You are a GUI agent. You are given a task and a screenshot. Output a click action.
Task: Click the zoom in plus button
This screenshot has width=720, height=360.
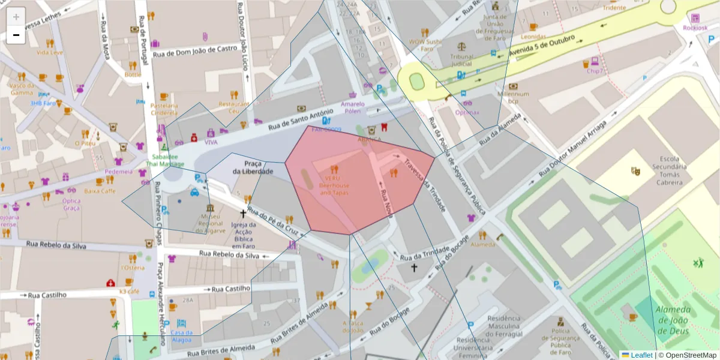pos(16,17)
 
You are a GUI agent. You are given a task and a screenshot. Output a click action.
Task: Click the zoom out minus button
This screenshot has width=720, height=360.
pos(16,35)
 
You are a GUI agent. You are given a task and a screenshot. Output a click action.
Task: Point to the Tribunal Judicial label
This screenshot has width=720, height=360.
pos(462,60)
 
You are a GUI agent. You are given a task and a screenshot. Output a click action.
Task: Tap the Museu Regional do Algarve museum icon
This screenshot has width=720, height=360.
pos(210,208)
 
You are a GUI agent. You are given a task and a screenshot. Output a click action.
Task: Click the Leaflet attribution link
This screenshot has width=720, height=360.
pos(641,355)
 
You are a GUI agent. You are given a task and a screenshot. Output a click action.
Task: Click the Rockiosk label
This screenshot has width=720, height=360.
pos(695,28)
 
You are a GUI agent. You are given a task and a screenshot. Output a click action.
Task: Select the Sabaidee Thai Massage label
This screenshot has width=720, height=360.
pos(165,159)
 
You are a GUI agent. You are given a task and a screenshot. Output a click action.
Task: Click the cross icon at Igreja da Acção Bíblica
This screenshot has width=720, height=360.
pos(244,213)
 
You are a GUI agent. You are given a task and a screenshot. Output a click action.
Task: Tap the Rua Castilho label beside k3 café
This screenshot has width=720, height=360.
pos(229,289)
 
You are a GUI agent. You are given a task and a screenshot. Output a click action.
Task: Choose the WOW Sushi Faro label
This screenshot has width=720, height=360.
pos(425,46)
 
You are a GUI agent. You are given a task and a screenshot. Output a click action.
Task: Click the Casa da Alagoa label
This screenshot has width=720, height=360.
pos(181,336)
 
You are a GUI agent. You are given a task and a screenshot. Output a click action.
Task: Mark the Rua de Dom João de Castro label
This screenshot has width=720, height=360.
pos(196,51)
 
